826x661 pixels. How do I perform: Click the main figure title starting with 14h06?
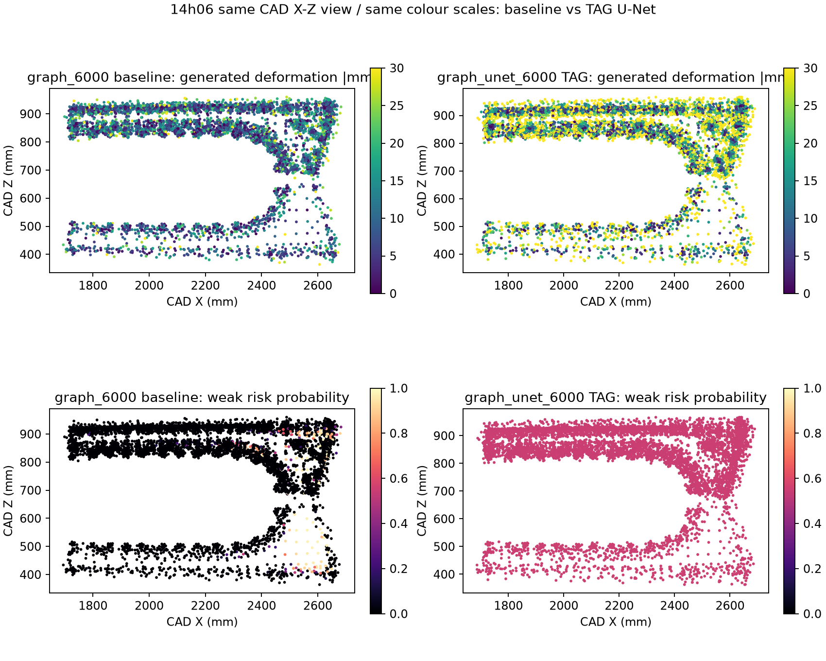click(413, 10)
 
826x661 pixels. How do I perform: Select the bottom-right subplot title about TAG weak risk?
click(616, 398)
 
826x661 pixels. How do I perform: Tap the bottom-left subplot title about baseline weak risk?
click(202, 398)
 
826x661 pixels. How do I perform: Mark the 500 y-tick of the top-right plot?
click(450, 226)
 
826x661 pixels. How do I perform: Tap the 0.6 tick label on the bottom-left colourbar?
click(399, 479)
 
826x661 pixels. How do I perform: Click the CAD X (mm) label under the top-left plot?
click(202, 302)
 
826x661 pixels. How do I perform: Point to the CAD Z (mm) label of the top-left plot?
click(9, 180)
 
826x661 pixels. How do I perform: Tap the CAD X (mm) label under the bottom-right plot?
click(616, 622)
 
